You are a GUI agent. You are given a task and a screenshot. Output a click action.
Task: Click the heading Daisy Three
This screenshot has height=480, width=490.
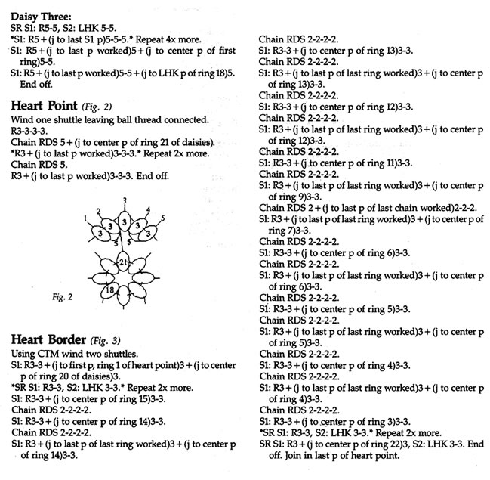coord(42,15)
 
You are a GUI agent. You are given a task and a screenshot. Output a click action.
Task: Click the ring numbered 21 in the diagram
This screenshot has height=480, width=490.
coord(122,262)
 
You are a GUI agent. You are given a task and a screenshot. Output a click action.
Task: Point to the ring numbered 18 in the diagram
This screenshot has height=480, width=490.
coord(110,289)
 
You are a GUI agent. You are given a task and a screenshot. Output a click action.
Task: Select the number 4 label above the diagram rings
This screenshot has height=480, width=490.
coord(148,209)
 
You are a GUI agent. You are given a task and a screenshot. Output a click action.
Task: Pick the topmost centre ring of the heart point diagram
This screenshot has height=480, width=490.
coord(123,220)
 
